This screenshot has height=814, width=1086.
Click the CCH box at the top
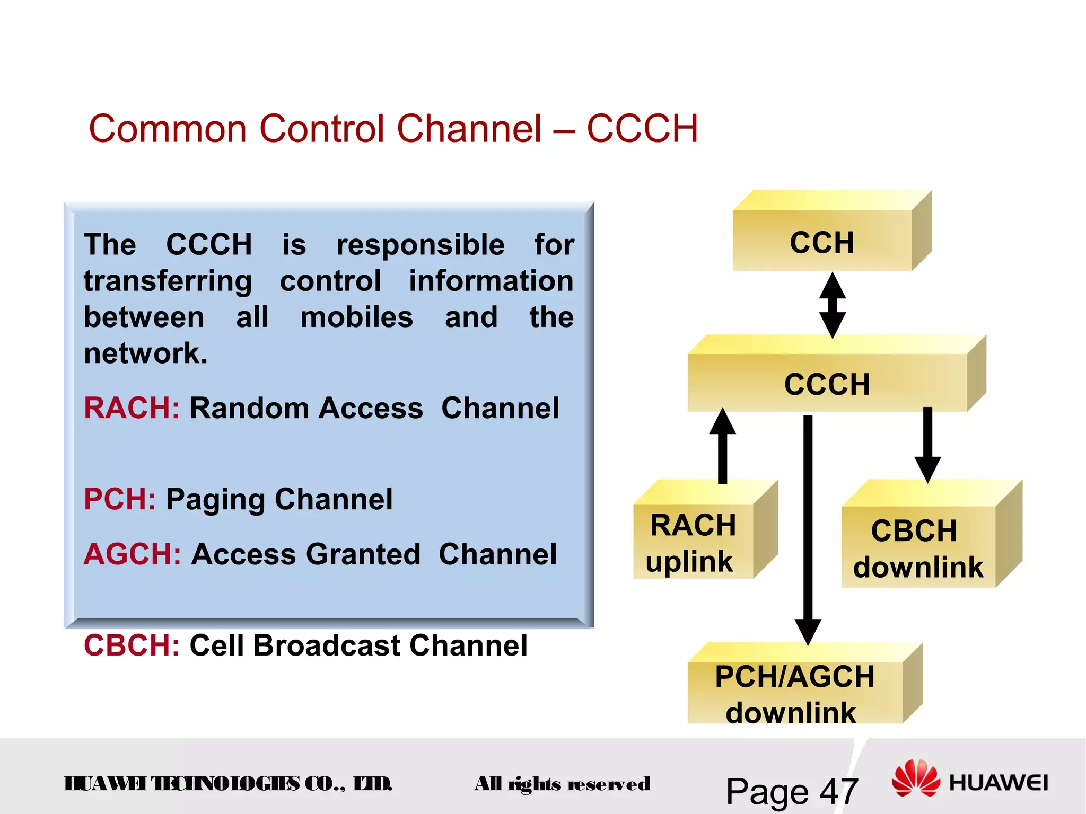(x=822, y=242)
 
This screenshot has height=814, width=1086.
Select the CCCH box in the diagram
(x=827, y=383)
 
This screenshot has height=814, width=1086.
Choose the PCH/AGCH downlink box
(x=794, y=693)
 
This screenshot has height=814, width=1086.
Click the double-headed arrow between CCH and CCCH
(x=833, y=305)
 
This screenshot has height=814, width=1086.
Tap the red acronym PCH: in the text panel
(x=120, y=499)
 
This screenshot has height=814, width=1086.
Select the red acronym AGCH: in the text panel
(x=133, y=554)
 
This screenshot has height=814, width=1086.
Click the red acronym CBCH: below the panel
(x=132, y=645)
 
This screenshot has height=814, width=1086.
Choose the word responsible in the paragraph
(x=420, y=245)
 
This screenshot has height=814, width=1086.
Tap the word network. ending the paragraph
(x=145, y=353)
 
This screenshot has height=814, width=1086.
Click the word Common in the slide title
(x=168, y=129)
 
